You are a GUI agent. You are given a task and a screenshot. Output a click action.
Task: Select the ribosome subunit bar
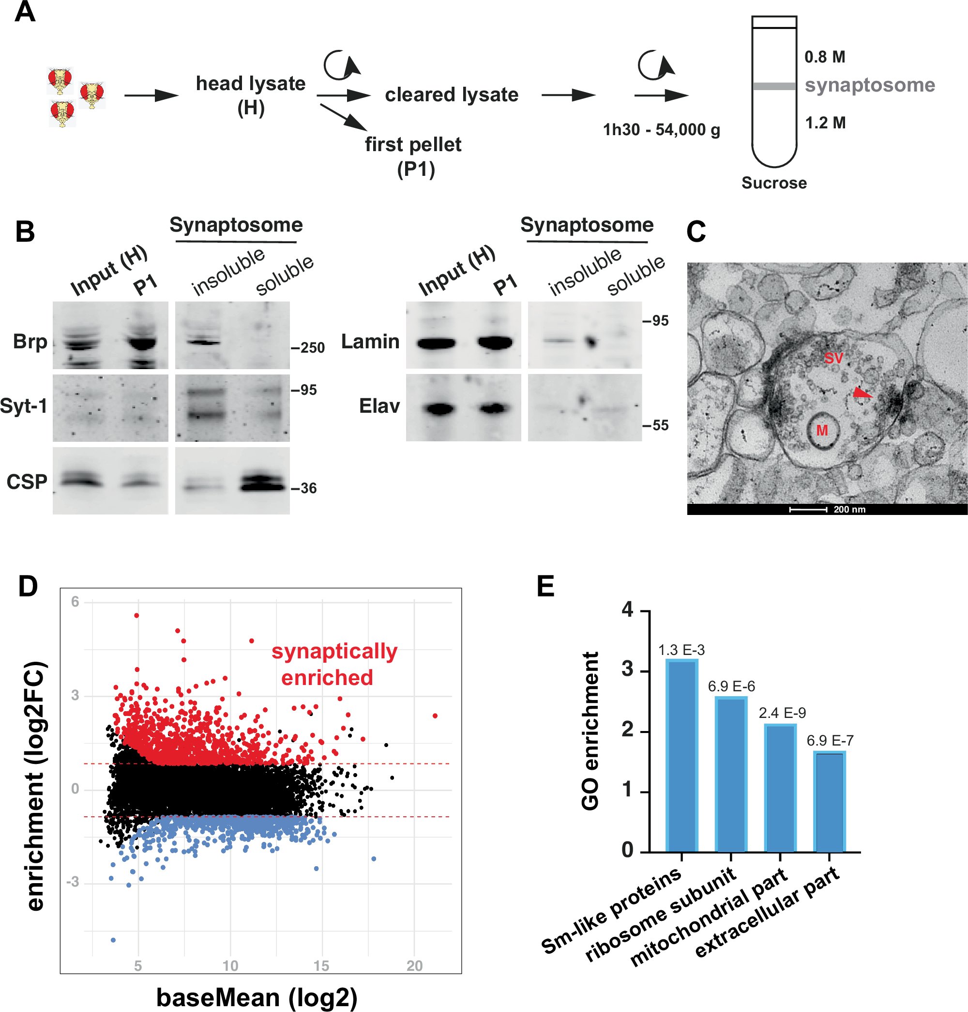pos(731,774)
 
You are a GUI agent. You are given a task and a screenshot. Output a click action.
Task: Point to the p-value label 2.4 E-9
pos(782,713)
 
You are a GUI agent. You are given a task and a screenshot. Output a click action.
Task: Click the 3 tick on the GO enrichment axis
pos(627,669)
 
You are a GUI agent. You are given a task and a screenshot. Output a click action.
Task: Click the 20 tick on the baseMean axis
pos(414,965)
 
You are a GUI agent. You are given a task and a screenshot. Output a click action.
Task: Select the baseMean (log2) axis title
pos(257,997)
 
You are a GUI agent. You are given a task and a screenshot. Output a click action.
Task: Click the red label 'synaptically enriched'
pos(334,664)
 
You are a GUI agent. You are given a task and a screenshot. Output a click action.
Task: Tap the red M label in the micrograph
pos(822,430)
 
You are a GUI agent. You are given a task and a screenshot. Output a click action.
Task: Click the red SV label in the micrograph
pos(833,358)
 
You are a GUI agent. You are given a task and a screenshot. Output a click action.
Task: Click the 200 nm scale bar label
pos(849,510)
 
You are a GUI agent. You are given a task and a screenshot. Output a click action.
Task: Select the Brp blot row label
pos(30,342)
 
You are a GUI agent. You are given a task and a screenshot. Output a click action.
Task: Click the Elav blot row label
pos(379,406)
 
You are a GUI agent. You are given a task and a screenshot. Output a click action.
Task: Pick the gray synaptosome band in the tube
pos(774,86)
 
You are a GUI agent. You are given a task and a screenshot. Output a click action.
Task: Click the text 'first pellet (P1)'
pos(413,156)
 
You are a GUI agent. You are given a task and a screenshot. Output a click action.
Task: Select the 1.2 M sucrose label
pos(825,123)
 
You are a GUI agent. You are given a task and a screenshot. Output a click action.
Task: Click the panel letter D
pos(28,587)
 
